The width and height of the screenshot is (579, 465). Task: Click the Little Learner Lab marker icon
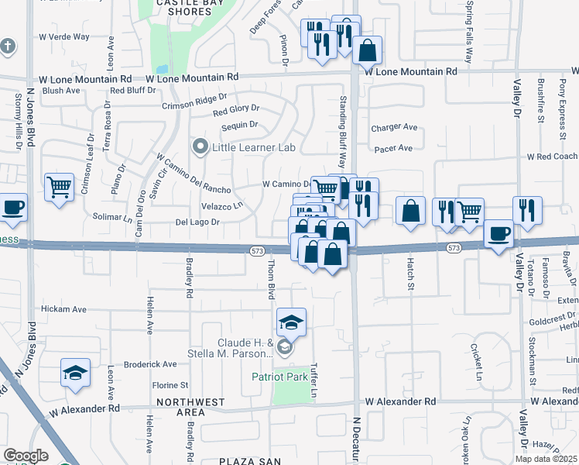pyautogui.click(x=200, y=146)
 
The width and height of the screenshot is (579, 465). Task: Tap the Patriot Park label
pyautogui.click(x=279, y=377)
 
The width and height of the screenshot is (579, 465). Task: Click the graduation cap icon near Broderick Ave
pyautogui.click(x=75, y=373)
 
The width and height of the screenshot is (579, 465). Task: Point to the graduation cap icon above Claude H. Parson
pyautogui.click(x=291, y=322)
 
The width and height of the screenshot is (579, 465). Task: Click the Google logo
pyautogui.click(x=26, y=456)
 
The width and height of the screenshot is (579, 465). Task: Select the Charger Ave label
pyautogui.click(x=394, y=128)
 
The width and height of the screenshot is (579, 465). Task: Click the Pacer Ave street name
pyautogui.click(x=392, y=148)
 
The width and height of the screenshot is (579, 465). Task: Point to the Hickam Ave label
pyautogui.click(x=63, y=308)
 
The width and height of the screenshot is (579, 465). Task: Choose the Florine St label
pyautogui.click(x=170, y=384)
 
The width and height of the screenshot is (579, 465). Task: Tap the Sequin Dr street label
pyautogui.click(x=239, y=125)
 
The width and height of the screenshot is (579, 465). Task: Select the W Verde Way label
pyautogui.click(x=64, y=36)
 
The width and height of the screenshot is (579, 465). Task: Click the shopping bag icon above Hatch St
pyautogui.click(x=410, y=211)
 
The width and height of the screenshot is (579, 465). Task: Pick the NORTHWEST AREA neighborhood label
pyautogui.click(x=190, y=408)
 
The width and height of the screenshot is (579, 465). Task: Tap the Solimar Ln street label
pyautogui.click(x=113, y=217)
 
